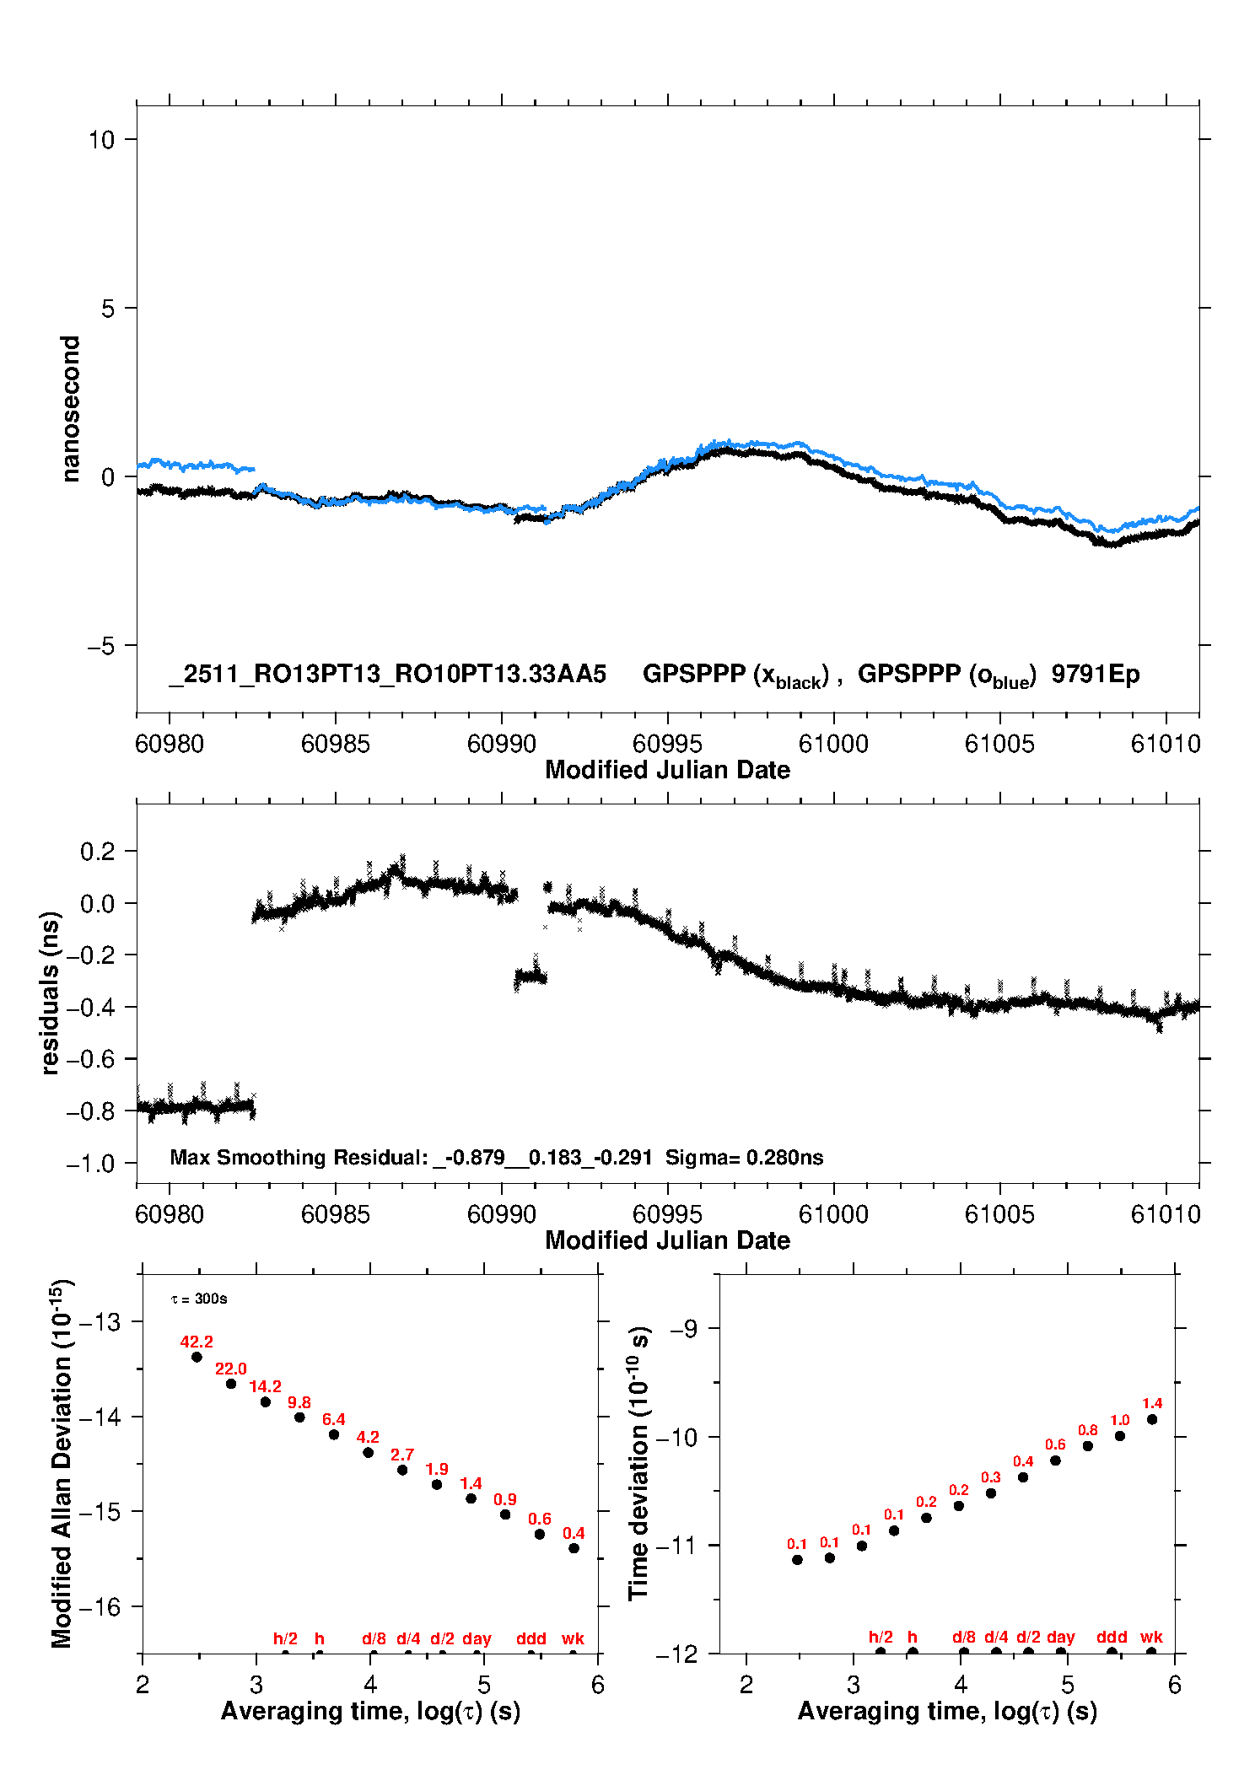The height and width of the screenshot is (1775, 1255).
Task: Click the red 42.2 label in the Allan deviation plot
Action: (x=197, y=1342)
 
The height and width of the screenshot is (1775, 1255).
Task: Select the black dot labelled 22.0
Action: (x=231, y=1384)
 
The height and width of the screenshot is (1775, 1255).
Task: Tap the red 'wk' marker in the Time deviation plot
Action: (x=1151, y=1638)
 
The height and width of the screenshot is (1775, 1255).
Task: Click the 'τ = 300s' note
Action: (x=199, y=1299)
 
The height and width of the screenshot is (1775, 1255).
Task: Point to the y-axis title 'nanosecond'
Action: (x=71, y=409)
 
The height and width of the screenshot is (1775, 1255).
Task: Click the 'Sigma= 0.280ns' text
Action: (x=744, y=1157)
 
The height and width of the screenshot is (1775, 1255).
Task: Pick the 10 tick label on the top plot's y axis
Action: (x=101, y=140)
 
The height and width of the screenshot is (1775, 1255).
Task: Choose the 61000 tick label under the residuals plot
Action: (x=833, y=1214)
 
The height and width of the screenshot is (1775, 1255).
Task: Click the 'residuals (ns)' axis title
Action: (x=51, y=993)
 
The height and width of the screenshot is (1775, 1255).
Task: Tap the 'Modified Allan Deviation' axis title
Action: (x=62, y=1463)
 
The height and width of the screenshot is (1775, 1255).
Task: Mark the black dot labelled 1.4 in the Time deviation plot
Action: (x=1152, y=1419)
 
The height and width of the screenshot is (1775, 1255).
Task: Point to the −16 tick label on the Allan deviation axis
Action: (x=100, y=1607)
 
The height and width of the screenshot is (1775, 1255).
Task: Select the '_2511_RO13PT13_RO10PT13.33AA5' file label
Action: (x=387, y=675)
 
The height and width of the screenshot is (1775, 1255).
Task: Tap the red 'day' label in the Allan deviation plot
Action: (x=477, y=1638)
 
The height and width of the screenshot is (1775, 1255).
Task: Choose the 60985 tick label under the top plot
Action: (x=336, y=744)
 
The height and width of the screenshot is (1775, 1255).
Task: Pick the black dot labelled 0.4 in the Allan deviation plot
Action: (x=574, y=1548)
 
